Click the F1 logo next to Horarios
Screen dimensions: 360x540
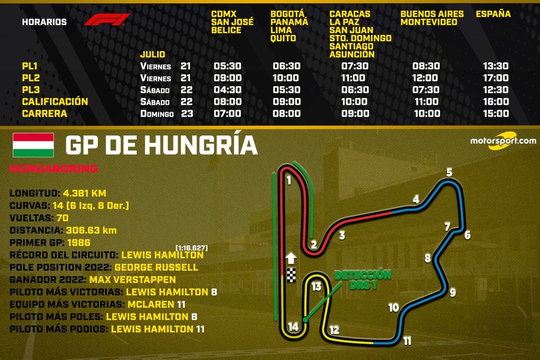(107, 21)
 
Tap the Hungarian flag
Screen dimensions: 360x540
(33, 145)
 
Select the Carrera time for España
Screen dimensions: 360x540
(496, 113)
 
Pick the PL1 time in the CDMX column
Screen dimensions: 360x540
(227, 66)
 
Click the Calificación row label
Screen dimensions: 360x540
(55, 101)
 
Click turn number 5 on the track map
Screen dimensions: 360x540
(449, 173)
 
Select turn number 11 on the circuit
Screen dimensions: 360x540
(407, 341)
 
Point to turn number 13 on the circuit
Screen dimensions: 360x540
(316, 286)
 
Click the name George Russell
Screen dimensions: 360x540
(160, 267)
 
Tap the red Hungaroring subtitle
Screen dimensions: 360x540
(53, 169)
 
